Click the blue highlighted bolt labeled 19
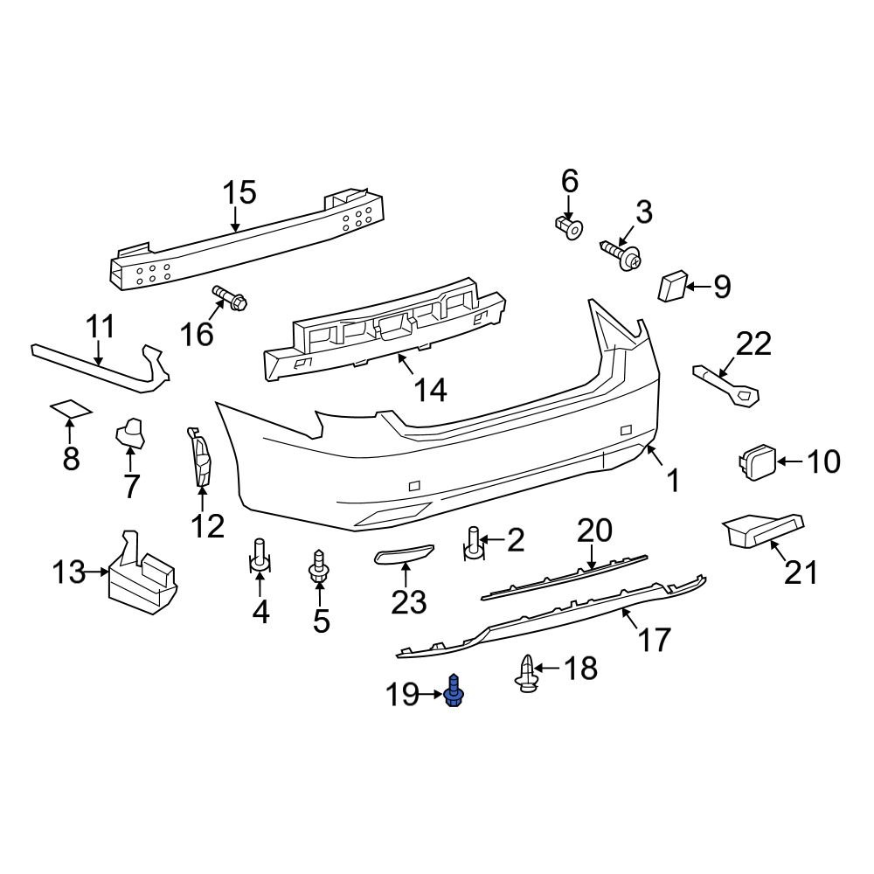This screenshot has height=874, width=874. pos(454,692)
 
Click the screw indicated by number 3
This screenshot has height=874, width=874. pos(621,254)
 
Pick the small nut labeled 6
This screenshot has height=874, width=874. pos(568,228)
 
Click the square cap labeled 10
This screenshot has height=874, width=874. pos(753,461)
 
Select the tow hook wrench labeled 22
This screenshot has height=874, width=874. pos(726,384)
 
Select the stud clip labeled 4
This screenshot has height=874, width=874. pos(260,557)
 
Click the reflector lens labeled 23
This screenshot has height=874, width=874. pos(405,555)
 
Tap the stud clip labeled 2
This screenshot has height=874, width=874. pos(474,543)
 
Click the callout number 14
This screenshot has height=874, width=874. pos(429,389)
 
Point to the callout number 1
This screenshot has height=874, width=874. pos(673,480)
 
